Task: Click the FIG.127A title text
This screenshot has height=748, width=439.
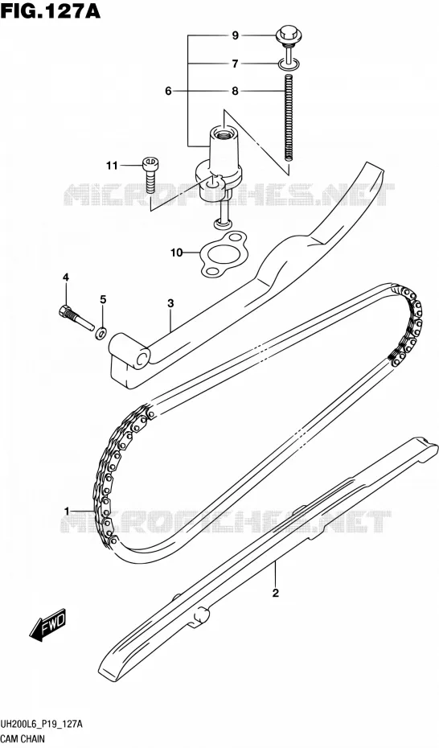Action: pos(51,10)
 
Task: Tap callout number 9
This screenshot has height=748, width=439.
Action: pos(235,35)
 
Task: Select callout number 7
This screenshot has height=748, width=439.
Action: pos(235,64)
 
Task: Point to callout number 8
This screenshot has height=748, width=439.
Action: pos(235,91)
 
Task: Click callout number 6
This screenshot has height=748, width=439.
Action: pos(168,91)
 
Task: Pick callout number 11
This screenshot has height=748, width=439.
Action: pos(112,166)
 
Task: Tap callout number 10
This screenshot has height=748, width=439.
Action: pos(177,253)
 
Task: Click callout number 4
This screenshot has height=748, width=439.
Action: pos(65,277)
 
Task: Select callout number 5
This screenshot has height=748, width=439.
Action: pos(103,299)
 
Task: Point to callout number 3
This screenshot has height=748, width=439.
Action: pos(170,303)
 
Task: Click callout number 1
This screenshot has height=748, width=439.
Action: pos(68,512)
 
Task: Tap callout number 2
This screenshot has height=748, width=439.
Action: pos(275,594)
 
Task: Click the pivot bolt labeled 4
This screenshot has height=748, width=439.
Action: pos(76,317)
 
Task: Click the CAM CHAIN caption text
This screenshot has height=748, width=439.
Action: pos(23,739)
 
